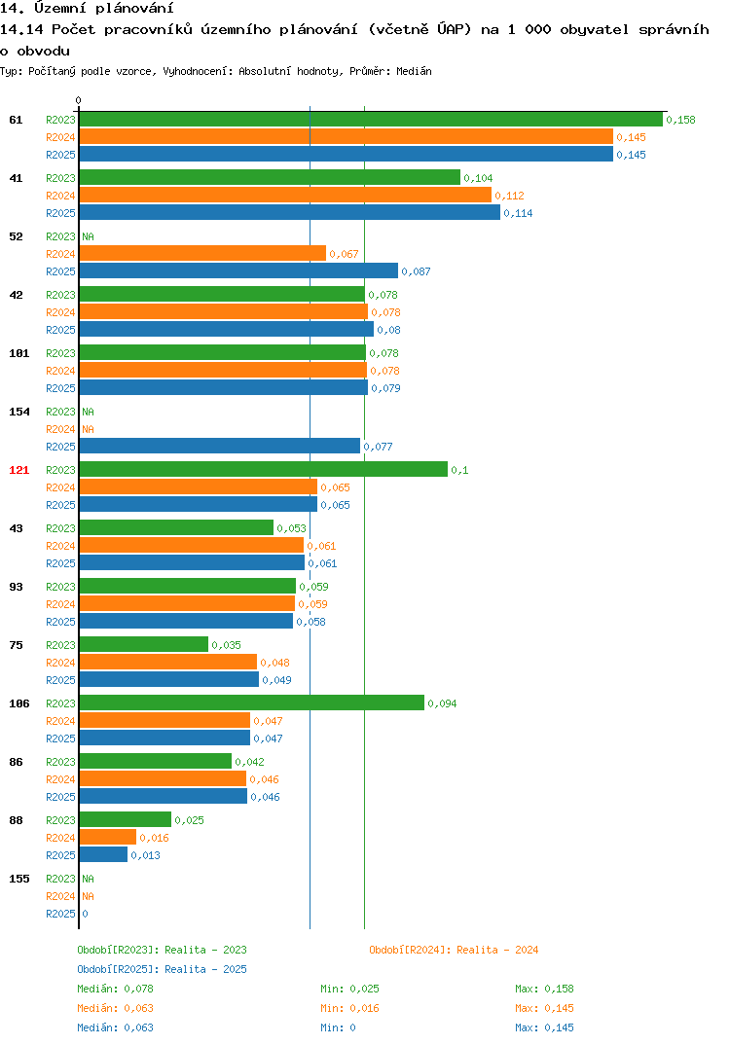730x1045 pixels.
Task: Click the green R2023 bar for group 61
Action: [x=371, y=120]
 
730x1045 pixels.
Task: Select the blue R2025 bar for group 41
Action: [x=289, y=212]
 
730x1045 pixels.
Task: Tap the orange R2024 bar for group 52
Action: [x=202, y=253]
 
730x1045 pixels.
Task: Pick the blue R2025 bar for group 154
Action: [x=219, y=446]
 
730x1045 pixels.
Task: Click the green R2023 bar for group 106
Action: [x=251, y=703]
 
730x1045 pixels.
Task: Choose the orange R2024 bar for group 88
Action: [x=107, y=837]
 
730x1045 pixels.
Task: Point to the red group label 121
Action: [x=19, y=470]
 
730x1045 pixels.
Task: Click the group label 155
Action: [x=19, y=879]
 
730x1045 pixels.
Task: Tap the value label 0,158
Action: [x=680, y=120]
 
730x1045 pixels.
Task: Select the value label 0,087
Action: [x=416, y=271]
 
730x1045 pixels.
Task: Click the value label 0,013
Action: [x=145, y=855]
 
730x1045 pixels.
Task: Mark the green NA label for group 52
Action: [x=88, y=236]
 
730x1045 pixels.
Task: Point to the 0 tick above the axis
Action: [x=79, y=100]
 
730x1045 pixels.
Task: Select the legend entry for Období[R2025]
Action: [x=162, y=969]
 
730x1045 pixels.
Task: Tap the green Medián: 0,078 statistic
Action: [x=115, y=989]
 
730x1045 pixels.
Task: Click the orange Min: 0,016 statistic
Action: [x=349, y=1008]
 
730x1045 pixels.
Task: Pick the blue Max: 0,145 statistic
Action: [x=544, y=1027]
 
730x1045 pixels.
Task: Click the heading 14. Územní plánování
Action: [x=87, y=8]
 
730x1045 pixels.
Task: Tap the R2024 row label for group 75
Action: [x=60, y=663]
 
